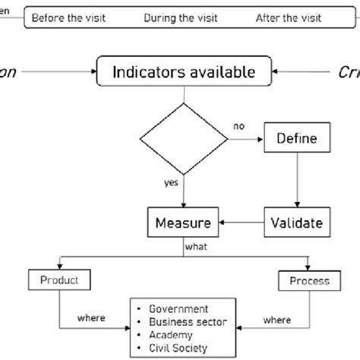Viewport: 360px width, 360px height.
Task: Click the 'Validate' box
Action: (296, 223)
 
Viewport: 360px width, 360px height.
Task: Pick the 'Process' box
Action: (309, 280)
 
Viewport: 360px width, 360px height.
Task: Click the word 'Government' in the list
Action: (179, 309)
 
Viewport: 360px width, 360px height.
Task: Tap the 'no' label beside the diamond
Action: (239, 127)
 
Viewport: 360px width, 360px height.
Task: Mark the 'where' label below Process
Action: (276, 321)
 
